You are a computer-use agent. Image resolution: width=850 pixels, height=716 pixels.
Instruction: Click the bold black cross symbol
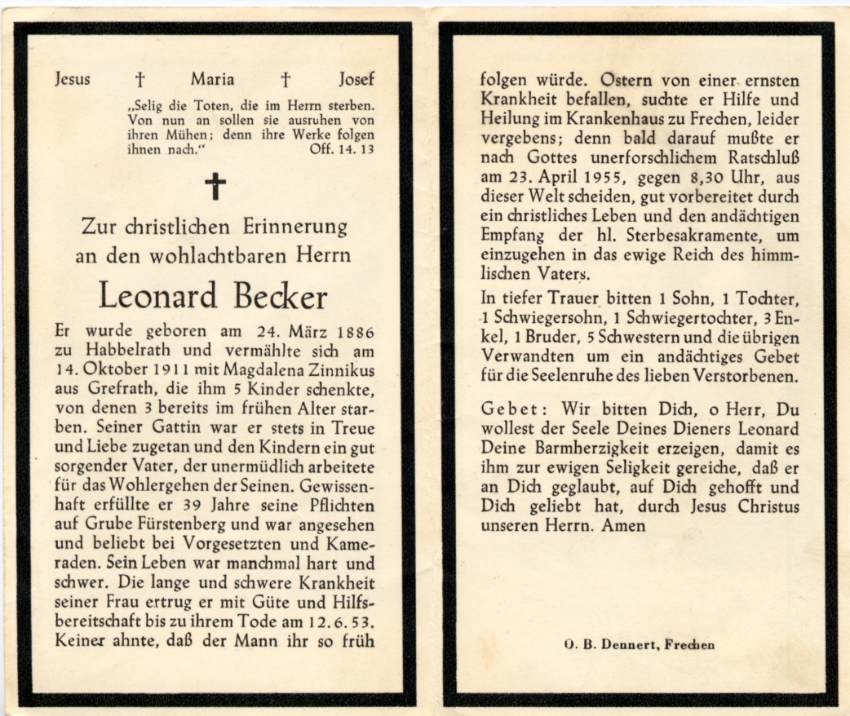coord(215,187)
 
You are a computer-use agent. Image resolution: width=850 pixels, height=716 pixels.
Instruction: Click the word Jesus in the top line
coord(73,79)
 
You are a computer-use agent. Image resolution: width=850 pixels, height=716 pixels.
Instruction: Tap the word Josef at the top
coord(356,79)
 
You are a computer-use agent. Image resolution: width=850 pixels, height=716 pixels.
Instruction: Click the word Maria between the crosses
coord(212,79)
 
